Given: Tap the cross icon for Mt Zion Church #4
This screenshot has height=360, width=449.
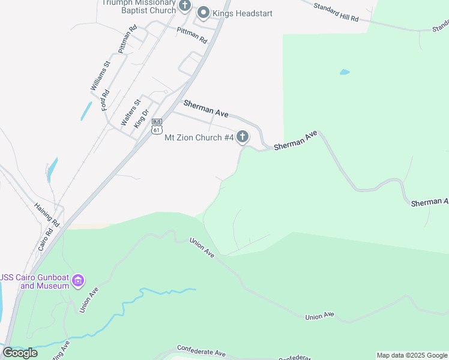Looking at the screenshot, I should (x=243, y=137).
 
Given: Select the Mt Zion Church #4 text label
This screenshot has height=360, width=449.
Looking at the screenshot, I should (x=199, y=138).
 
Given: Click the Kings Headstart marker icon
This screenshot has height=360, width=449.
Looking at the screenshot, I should (x=203, y=12).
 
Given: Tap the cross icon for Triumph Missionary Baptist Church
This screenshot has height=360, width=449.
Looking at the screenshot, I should (x=185, y=7).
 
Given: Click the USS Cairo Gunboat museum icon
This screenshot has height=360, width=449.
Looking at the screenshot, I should (x=77, y=280).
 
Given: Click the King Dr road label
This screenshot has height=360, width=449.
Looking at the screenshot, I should (x=141, y=118).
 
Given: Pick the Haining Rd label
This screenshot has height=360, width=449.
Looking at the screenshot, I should (x=47, y=214).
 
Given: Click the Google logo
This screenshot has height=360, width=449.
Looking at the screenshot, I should (x=20, y=353).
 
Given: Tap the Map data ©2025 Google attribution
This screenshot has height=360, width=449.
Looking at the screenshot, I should (x=412, y=355).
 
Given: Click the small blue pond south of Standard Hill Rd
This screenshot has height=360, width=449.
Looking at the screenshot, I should (x=345, y=72).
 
